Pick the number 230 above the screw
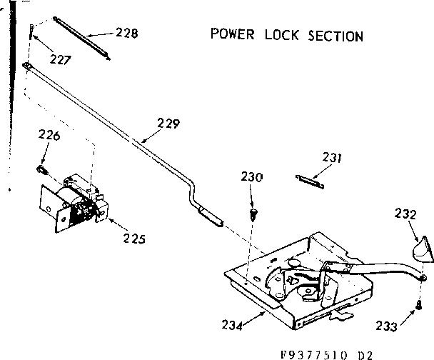(x=252, y=177)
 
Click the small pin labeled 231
(x=310, y=181)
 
